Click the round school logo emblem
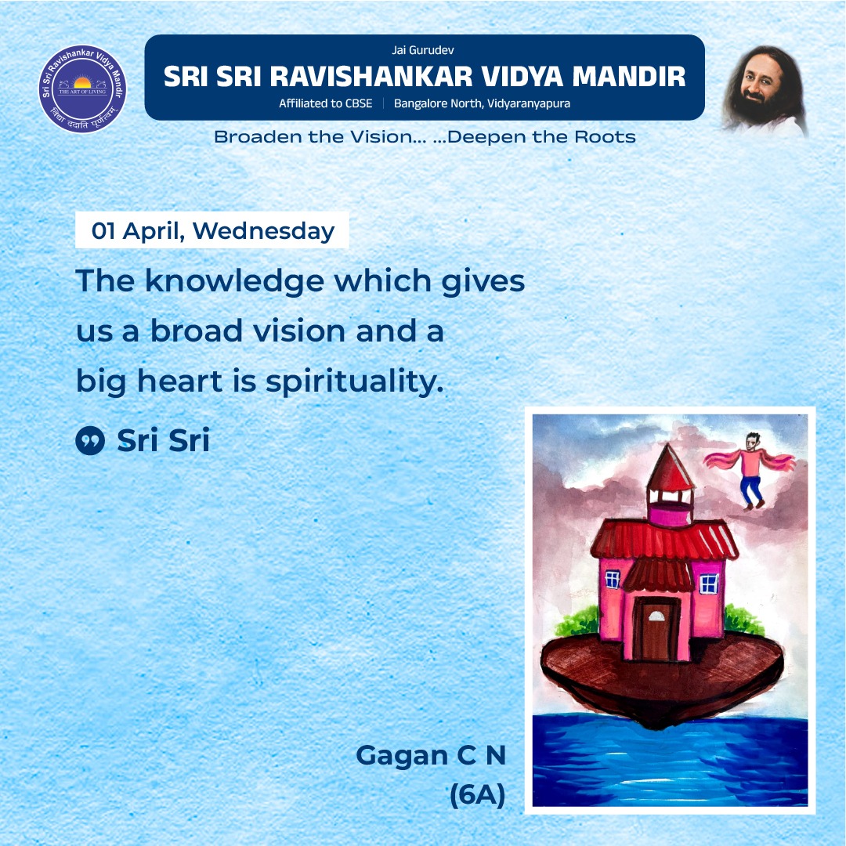[x=83, y=89]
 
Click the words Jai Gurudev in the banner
[x=423, y=50]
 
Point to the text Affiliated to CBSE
[x=326, y=103]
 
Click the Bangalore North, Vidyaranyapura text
[x=482, y=103]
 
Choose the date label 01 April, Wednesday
[x=212, y=231]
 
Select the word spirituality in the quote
[x=355, y=383]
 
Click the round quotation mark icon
[x=90, y=441]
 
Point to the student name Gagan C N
[x=431, y=756]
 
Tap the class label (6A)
[x=477, y=795]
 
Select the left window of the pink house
[x=612, y=580]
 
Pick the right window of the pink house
[x=708, y=583]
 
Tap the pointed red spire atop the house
[x=671, y=466]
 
